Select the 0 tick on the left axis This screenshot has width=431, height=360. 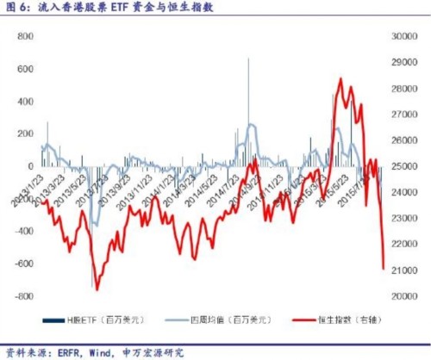click(30, 166)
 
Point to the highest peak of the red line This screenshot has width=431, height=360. click(340, 79)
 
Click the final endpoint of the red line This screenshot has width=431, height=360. click(384, 269)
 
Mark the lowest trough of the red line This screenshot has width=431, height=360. click(97, 289)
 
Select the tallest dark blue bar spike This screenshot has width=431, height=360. click(248, 59)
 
